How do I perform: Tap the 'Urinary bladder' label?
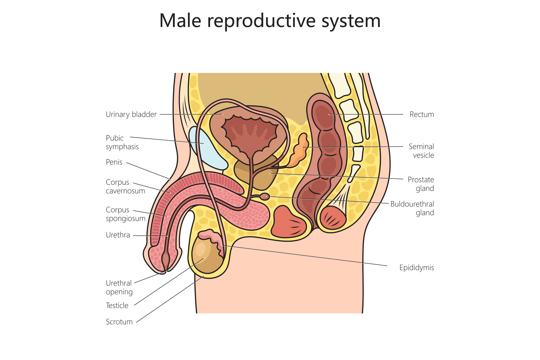coord(131,114)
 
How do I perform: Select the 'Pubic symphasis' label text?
coord(122,142)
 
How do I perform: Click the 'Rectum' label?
coord(421,114)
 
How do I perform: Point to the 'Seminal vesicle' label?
coord(421,151)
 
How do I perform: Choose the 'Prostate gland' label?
coord(420,184)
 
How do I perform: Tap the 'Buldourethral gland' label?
coord(412,208)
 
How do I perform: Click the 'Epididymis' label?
coord(416,268)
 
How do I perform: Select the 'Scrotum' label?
coord(119,322)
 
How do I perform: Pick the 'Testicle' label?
coord(117,305)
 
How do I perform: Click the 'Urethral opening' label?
coord(119,287)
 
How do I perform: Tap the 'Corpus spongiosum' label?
coord(126,214)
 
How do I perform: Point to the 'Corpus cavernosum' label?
coord(125,187)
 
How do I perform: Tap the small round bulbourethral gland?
coord(265,196)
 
